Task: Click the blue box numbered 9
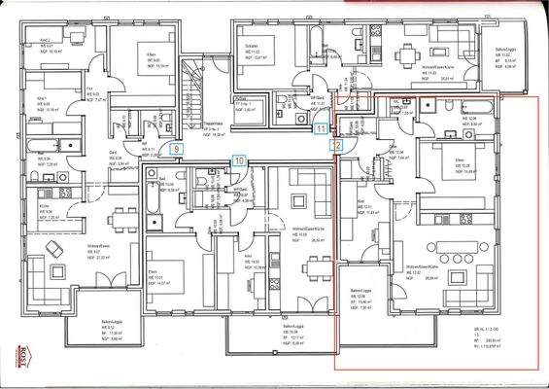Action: click(x=175, y=149)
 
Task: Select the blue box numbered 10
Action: click(x=240, y=159)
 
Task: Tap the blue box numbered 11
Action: click(x=322, y=127)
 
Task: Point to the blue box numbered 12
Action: click(x=337, y=144)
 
